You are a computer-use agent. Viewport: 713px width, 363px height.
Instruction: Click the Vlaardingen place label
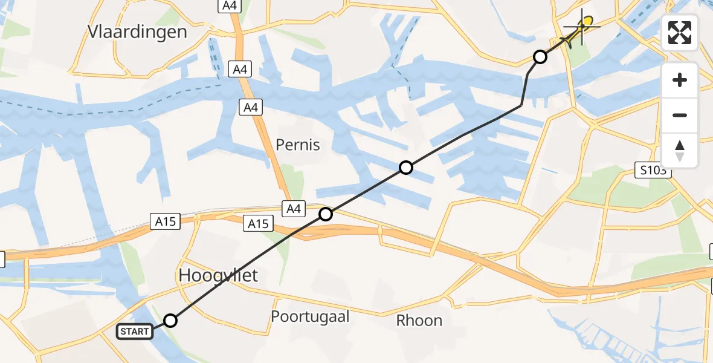point(137,31)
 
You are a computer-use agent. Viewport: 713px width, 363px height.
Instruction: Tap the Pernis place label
point(297,145)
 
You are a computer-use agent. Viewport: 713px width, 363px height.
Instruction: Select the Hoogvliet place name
point(218,276)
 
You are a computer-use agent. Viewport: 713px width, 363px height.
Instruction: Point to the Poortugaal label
point(310,316)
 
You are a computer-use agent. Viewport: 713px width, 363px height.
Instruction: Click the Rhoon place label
point(419,321)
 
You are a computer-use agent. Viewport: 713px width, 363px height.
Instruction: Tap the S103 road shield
point(654,171)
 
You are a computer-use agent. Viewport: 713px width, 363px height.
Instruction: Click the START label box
point(134,332)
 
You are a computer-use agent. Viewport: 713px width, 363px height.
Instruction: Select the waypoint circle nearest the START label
point(171,321)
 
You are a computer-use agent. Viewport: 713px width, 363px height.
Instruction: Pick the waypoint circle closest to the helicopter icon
point(540,57)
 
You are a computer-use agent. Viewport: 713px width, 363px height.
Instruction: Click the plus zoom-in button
point(680,80)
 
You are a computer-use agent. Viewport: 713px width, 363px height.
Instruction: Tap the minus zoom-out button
point(680,115)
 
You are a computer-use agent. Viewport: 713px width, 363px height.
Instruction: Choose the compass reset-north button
point(680,151)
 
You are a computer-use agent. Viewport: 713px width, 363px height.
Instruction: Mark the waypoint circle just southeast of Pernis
point(406,168)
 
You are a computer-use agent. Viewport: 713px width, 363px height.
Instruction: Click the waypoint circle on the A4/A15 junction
point(326,214)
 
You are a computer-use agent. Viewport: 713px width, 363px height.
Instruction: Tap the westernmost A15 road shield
point(165,222)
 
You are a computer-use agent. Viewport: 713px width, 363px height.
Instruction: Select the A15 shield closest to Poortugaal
point(258,224)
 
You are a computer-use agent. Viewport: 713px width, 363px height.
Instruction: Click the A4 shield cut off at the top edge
point(228,5)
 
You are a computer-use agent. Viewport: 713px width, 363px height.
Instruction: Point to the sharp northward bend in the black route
point(521,105)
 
